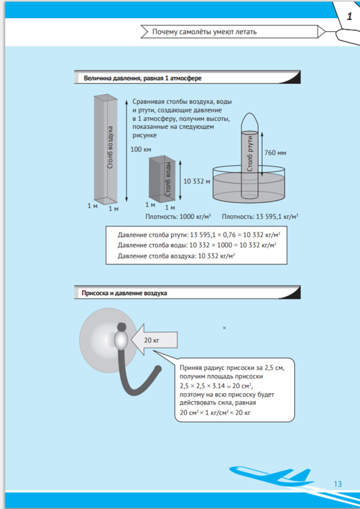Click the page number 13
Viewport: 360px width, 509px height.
[338, 484]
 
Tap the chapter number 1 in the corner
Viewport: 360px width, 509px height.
[349, 16]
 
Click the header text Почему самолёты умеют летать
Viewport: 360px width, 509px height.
[204, 32]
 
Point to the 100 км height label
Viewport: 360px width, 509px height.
[141, 149]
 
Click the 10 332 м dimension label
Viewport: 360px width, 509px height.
[196, 181]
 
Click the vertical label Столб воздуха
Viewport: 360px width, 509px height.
[110, 148]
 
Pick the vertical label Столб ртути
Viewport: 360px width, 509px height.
[250, 153]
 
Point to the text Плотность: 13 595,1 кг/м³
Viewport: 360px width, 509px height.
[260, 216]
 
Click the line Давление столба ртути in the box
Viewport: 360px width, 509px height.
[200, 235]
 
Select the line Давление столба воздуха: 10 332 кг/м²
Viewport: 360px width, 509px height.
[176, 256]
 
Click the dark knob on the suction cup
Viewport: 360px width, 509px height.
[122, 327]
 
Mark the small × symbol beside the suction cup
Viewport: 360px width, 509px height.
[224, 328]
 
